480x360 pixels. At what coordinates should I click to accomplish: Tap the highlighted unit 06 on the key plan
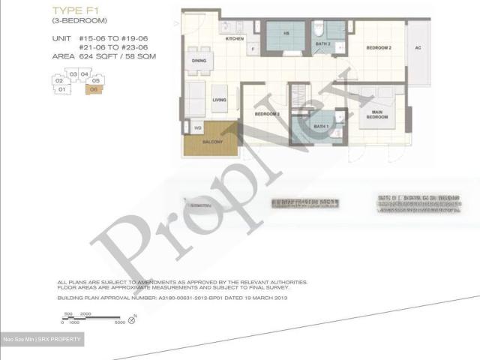(93, 89)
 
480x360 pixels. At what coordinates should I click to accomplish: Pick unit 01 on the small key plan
(62, 89)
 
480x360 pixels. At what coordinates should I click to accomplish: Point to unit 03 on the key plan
(73, 74)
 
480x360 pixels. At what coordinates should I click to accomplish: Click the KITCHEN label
(235, 38)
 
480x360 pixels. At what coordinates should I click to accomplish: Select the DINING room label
(199, 61)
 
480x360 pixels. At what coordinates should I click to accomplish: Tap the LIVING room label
(219, 99)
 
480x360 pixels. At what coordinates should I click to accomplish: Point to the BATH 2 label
(322, 44)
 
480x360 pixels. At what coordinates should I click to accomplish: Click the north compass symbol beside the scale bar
(132, 320)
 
